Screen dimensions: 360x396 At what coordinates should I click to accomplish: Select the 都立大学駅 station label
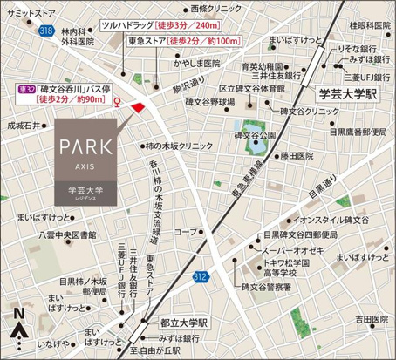[x=184, y=322]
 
